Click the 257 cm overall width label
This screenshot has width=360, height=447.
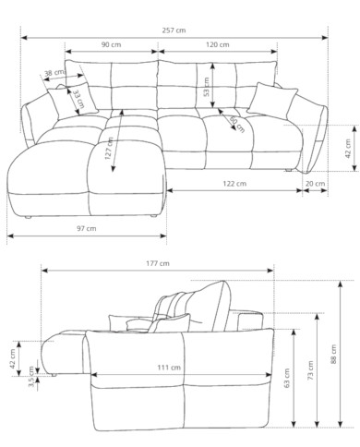174,30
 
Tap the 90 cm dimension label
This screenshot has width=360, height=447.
112,44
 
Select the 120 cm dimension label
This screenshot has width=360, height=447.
218,44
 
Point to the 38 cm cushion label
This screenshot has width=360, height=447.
54,73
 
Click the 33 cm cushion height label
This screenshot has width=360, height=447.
78,99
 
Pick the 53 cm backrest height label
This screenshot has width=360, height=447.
207,87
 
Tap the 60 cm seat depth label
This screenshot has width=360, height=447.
237,125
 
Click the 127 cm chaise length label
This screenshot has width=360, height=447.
109,149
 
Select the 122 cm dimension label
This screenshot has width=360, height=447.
234,184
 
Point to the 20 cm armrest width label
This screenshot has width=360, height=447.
315,184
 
